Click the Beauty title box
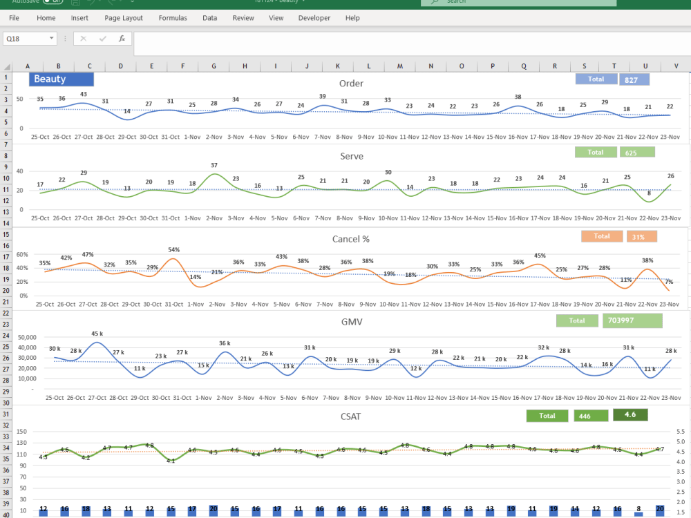[x=61, y=79]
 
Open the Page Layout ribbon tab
[x=124, y=18]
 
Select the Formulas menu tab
[x=173, y=18]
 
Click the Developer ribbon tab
[x=314, y=18]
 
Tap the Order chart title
[x=351, y=84]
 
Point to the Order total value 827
[x=634, y=79]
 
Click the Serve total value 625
[x=636, y=152]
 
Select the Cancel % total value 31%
[x=641, y=236]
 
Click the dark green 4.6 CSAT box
[x=630, y=414]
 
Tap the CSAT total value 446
[x=591, y=416]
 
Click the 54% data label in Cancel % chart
[x=174, y=249]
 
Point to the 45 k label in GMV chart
[x=97, y=334]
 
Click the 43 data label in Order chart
[x=84, y=94]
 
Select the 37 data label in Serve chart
[x=214, y=165]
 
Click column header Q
[x=523, y=66]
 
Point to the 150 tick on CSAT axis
[x=22, y=432]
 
